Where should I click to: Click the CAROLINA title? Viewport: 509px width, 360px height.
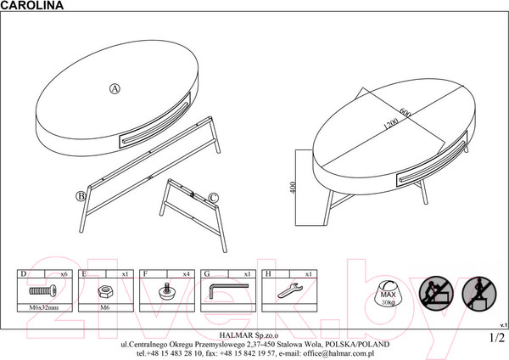32,5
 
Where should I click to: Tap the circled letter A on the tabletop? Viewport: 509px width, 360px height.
115,88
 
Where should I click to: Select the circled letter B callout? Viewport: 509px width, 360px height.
81,196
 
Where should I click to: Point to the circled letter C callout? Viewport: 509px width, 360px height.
213,198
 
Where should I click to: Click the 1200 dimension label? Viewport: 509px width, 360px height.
390,124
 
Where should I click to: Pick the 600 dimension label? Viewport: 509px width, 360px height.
406,112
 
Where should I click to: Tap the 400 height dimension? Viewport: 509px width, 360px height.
293,188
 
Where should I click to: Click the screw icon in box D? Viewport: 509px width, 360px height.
42,290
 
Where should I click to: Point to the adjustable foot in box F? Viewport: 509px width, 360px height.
167,290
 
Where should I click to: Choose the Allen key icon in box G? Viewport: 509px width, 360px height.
228,290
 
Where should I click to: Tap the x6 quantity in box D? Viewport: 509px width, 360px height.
64,274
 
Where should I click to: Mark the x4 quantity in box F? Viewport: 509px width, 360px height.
186,274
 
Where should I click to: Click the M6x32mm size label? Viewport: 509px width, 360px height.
44,307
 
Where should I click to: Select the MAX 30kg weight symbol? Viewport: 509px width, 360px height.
388,292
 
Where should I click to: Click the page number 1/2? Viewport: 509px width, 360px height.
497,338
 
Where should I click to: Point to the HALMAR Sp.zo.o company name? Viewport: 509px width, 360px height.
249,335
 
